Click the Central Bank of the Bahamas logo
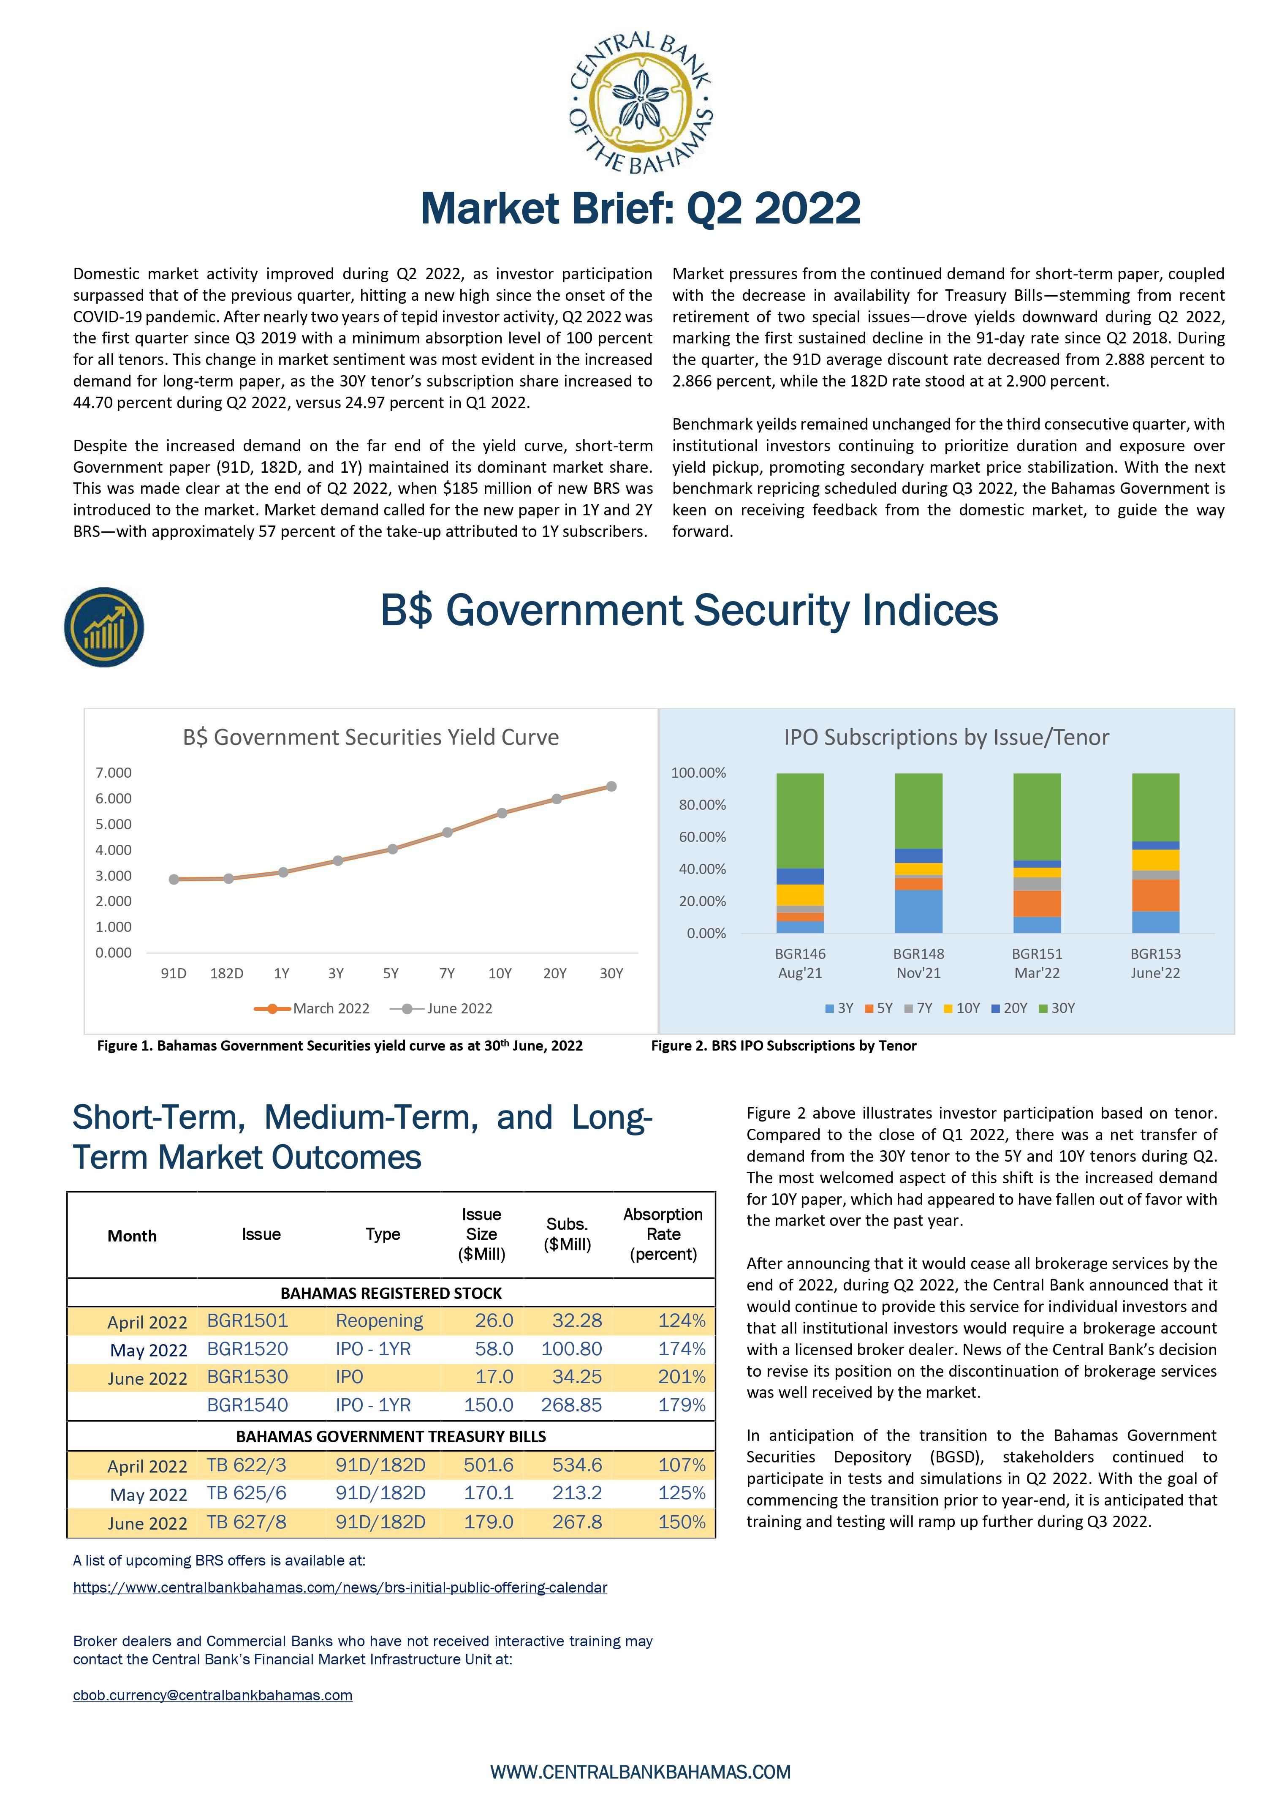pos(641,103)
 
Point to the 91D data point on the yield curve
pos(174,879)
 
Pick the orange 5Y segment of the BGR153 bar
pos(1155,896)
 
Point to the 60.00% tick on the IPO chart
pos(702,837)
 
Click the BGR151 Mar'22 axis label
pos(1037,964)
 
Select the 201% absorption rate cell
pos(682,1377)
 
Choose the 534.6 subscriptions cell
pos(577,1465)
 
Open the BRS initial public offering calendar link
pos(340,1587)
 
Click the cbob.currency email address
pos(213,1695)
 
